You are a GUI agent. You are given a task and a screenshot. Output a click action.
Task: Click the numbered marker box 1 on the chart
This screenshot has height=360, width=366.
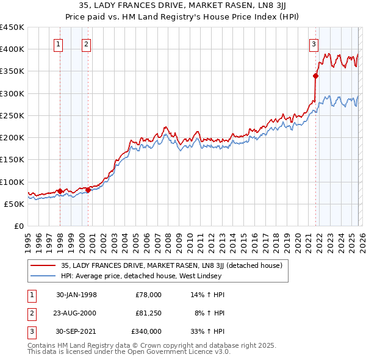coord(59,44)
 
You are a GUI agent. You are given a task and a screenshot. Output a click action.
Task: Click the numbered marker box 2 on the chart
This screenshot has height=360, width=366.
coord(87,44)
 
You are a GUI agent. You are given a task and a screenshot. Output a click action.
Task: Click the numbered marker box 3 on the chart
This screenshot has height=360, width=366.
coord(313,44)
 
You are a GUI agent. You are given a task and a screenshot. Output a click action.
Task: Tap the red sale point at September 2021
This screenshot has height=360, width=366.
coord(315,76)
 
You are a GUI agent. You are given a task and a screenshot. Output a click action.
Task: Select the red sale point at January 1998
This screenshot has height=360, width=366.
coord(60,191)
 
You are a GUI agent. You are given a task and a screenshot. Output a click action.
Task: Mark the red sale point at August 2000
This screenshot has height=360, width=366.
coord(88,190)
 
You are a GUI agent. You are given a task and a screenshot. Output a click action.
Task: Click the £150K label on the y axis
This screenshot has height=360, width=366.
coord(12,160)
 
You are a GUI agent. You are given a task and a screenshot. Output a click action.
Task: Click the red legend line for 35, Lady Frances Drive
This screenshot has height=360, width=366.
coord(43,266)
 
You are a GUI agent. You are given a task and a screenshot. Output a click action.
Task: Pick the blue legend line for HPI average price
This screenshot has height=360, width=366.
coord(43,276)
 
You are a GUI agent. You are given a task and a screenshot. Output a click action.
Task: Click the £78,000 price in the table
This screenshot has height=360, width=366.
coord(148,295)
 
